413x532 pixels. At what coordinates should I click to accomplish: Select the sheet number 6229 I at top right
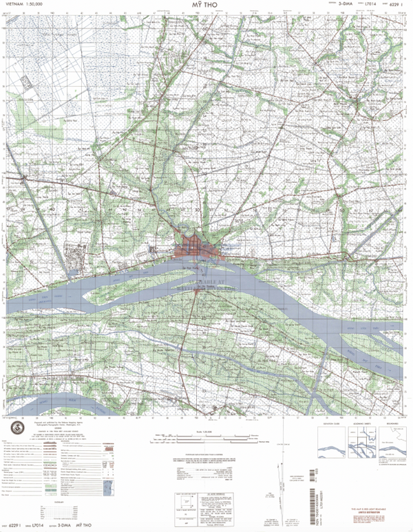click(394, 5)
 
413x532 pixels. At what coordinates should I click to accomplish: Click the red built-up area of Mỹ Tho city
click(193, 247)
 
